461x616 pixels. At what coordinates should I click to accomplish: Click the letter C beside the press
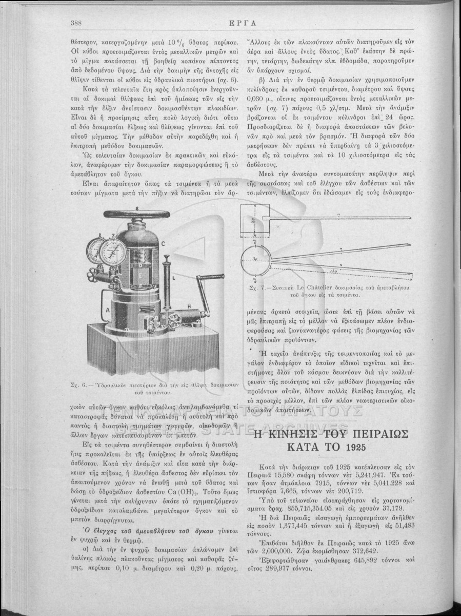coord(164,244)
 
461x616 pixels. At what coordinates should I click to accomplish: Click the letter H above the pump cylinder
coord(189,306)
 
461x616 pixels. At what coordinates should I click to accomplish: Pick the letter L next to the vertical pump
coord(173,277)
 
